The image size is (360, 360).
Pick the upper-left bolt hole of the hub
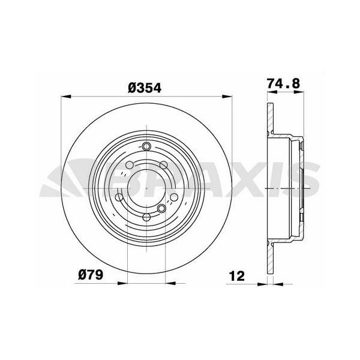130,165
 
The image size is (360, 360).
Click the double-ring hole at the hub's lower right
161,208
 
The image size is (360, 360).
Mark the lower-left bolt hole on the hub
119,198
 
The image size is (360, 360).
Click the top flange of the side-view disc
269,117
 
